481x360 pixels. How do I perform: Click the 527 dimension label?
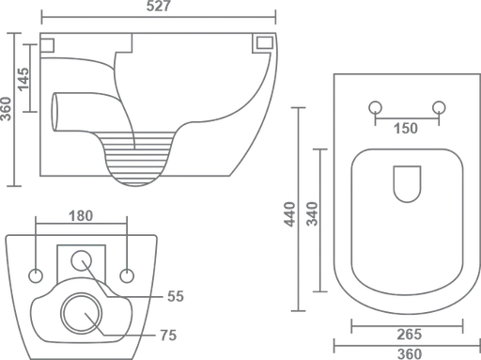click(159, 7)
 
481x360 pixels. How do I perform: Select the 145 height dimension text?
click(23, 80)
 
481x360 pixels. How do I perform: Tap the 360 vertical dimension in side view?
click(7, 109)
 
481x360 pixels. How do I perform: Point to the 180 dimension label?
click(81, 216)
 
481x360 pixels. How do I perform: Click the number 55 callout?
click(176, 296)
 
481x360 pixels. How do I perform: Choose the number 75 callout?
click(168, 336)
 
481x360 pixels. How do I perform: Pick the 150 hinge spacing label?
click(406, 129)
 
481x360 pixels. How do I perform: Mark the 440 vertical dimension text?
click(289, 214)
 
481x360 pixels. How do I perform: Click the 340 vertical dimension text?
click(312, 214)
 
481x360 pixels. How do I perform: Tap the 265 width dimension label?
click(410, 335)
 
